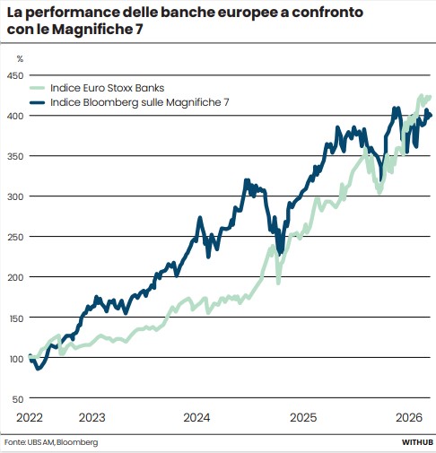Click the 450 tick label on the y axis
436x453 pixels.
(x=15, y=75)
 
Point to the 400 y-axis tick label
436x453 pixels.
(x=15, y=116)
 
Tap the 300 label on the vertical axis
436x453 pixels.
(x=15, y=196)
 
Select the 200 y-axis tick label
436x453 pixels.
(x=15, y=277)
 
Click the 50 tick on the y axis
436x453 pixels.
(x=18, y=399)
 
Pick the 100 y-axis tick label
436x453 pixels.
(x=16, y=359)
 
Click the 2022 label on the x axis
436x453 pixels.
(x=30, y=417)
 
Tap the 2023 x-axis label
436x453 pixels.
(x=92, y=417)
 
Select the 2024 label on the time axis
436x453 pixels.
(x=196, y=417)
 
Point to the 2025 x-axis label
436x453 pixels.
(x=303, y=417)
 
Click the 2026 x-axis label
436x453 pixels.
(x=409, y=417)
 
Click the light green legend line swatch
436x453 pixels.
(x=37, y=88)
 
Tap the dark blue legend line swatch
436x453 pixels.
(x=37, y=102)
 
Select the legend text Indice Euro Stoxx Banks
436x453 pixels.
(x=108, y=88)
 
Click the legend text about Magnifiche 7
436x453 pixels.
(x=140, y=102)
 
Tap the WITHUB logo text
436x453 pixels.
(x=417, y=442)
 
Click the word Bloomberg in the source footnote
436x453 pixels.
(x=77, y=442)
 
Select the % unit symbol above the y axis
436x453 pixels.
(x=20, y=59)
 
